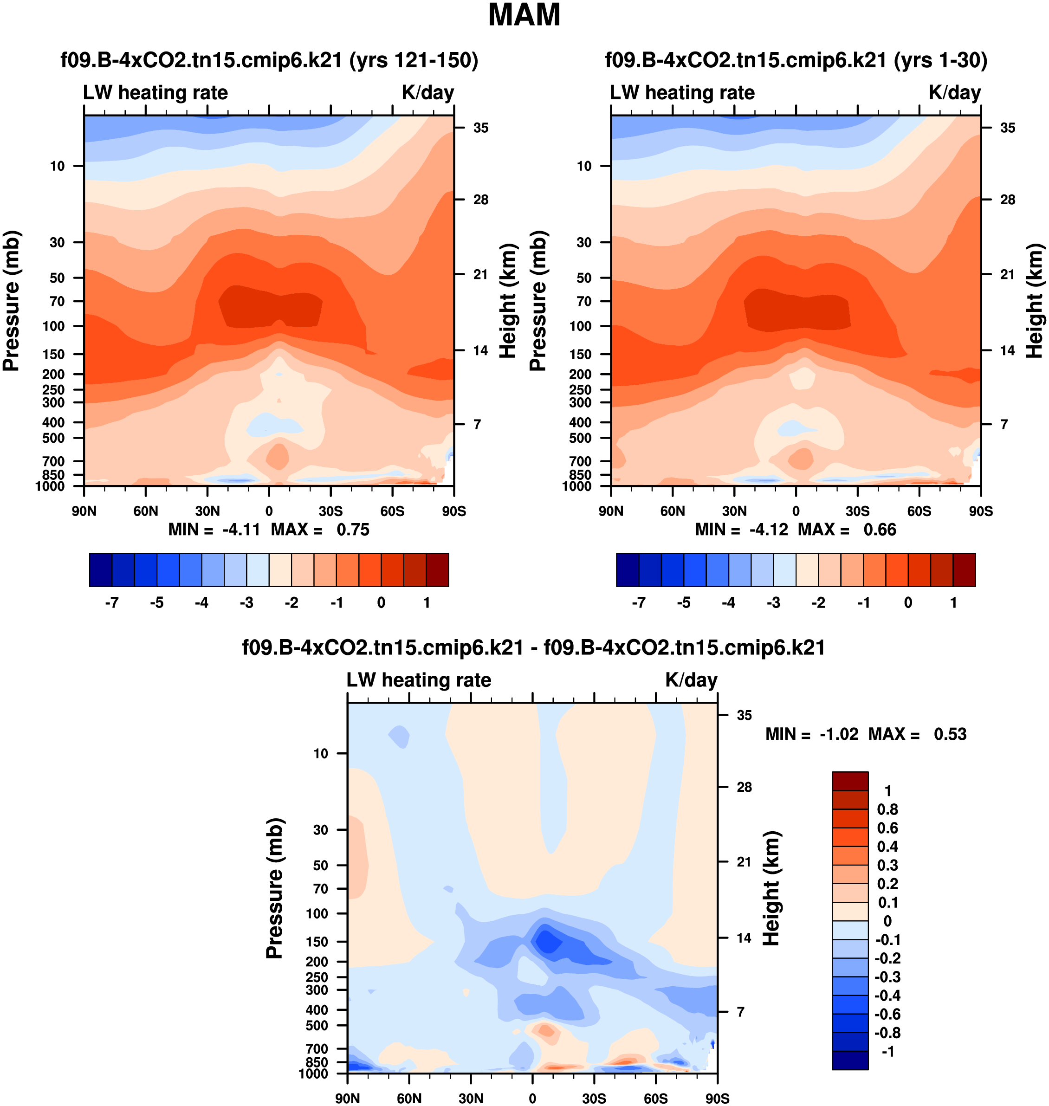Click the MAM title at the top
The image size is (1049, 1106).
click(524, 15)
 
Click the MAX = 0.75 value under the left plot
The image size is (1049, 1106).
click(320, 530)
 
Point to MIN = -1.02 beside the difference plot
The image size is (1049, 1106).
click(811, 734)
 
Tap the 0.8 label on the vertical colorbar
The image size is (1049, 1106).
click(887, 809)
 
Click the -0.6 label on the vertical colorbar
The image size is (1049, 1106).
click(887, 1014)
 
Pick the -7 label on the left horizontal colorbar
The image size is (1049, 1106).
click(112, 603)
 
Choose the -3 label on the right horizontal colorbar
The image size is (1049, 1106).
click(773, 603)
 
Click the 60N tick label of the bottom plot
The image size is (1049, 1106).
click(409, 1098)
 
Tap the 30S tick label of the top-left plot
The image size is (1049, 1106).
click(330, 511)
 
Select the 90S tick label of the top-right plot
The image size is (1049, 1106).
click(981, 511)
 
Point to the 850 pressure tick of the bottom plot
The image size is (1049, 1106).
click(317, 1062)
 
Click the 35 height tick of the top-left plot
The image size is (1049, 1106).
click(480, 128)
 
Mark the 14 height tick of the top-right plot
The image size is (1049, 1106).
click(1008, 350)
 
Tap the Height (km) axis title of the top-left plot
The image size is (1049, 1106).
click(507, 301)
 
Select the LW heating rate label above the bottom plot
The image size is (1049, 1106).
click(419, 680)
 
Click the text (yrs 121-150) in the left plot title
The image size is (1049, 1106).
click(414, 60)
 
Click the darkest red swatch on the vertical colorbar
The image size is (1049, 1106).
click(850, 781)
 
